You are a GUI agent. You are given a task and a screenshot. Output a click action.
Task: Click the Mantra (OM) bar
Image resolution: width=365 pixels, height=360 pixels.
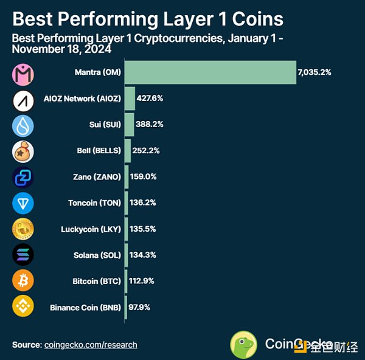pyautogui.click(x=210, y=72)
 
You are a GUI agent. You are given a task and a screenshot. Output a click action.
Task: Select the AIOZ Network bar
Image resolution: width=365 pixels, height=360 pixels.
pyautogui.click(x=130, y=99)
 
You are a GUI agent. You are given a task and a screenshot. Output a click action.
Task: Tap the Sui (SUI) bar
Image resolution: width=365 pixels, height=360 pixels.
pyautogui.click(x=129, y=125)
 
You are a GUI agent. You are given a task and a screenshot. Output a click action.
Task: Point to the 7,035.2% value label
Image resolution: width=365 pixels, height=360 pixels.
pyautogui.click(x=314, y=72)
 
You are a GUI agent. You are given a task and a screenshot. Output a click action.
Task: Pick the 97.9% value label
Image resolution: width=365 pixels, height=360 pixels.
pyautogui.click(x=139, y=307)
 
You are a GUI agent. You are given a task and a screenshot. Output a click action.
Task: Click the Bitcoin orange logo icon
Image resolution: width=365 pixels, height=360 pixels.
pyautogui.click(x=23, y=280)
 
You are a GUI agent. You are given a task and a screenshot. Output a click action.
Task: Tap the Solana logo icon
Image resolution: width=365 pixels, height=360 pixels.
pyautogui.click(x=23, y=255)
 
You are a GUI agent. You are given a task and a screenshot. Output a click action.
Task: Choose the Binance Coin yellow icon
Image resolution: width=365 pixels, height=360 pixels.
pyautogui.click(x=23, y=306)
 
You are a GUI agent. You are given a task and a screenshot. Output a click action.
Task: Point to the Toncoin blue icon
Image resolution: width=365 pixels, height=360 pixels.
pyautogui.click(x=23, y=202)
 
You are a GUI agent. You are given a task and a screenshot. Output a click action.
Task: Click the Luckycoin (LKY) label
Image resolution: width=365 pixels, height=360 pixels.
pyautogui.click(x=91, y=229)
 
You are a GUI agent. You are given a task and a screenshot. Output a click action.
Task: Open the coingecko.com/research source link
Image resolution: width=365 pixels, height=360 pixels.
pyautogui.click(x=91, y=345)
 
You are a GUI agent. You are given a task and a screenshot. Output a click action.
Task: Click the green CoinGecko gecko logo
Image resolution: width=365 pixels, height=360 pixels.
pyautogui.click(x=243, y=344)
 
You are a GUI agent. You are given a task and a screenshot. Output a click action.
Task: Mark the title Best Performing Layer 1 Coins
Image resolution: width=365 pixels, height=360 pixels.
pyautogui.click(x=148, y=18)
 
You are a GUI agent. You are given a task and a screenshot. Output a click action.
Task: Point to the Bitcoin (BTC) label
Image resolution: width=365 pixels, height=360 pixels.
pyautogui.click(x=94, y=281)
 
